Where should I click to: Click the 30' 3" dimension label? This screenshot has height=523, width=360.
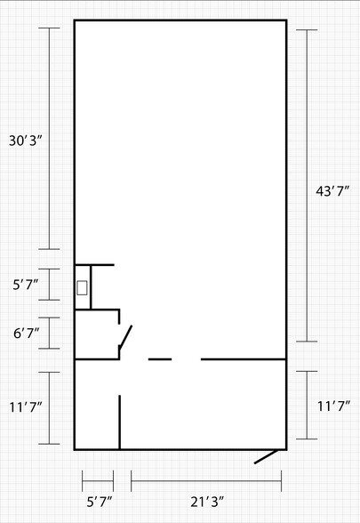click(x=26, y=141)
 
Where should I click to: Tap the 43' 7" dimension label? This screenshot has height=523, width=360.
click(x=332, y=191)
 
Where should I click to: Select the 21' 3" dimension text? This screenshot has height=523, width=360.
click(x=207, y=502)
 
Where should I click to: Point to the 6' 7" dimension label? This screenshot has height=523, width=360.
click(x=27, y=334)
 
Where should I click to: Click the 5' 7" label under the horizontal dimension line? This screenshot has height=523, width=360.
click(x=100, y=502)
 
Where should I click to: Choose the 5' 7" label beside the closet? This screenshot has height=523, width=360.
click(x=25, y=285)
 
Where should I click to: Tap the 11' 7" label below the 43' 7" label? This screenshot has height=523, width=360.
click(x=333, y=406)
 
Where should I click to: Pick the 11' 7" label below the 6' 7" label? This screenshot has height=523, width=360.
click(x=26, y=407)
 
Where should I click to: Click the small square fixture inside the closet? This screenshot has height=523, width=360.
click(x=82, y=288)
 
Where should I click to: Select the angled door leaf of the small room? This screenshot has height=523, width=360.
click(x=125, y=336)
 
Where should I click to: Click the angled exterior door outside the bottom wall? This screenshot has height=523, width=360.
click(x=266, y=456)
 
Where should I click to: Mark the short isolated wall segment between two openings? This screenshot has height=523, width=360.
click(x=160, y=359)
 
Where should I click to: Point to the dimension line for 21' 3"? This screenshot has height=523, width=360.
click(x=206, y=481)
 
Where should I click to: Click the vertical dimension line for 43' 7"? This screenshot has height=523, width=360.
click(x=307, y=186)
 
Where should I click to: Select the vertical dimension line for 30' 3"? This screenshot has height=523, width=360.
click(x=50, y=139)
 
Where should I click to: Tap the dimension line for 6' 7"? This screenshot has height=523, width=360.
click(x=50, y=334)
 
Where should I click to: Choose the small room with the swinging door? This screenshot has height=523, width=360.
click(x=97, y=334)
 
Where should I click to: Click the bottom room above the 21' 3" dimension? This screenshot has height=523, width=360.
click(x=203, y=405)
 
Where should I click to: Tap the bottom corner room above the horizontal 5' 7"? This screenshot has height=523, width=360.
click(x=97, y=405)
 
